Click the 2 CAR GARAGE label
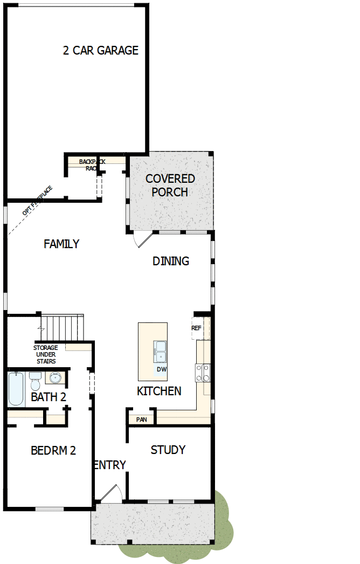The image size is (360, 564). point(101,51)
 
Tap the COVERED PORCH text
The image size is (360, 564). point(170,185)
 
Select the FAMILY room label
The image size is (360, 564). point(61,244)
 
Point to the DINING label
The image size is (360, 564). point(171,262)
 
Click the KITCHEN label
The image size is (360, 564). point(159,391)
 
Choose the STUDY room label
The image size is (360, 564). point(168,450)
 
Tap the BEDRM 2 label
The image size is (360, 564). point(53,451)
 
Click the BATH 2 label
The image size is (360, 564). point(49,398)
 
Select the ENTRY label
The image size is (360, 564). point(110,465)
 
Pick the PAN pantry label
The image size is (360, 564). point(142,419)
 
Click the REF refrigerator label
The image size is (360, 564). point(196,328)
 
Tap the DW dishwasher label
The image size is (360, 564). point(161,370)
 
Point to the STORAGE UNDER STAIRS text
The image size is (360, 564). point(46,354)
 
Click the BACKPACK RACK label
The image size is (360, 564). point(91,164)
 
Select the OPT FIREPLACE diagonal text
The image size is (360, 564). point(37,201)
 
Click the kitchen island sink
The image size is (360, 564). point(160,352)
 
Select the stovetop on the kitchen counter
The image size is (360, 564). point(203,372)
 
